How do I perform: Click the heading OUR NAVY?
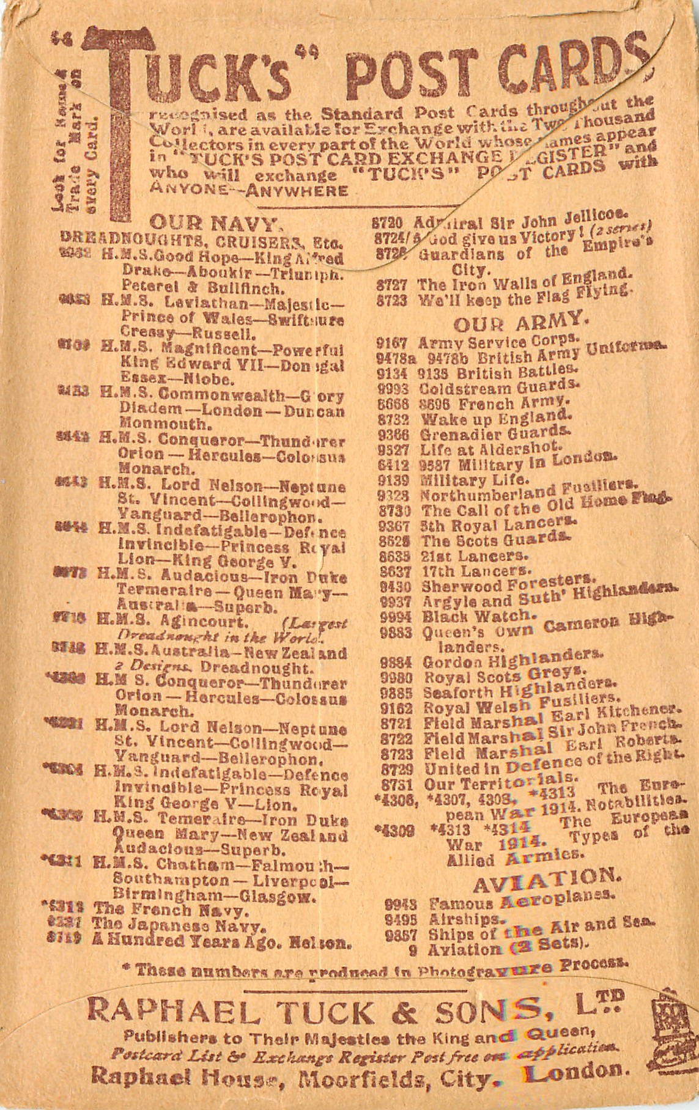[x=215, y=222]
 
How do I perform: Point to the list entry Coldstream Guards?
[x=499, y=388]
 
